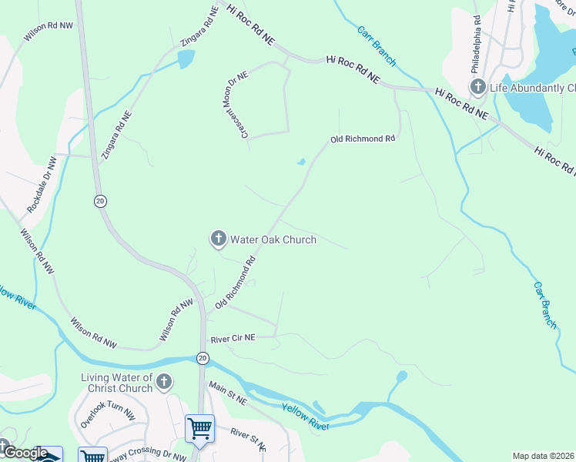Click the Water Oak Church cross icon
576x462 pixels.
point(218,239)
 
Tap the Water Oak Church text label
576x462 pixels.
point(273,239)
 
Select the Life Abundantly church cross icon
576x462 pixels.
point(477,86)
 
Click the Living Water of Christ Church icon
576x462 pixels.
point(163,382)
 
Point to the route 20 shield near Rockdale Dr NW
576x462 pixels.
point(100,201)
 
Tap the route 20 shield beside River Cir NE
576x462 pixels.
point(202,358)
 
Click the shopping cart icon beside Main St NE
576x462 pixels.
point(200,427)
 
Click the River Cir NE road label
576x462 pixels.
point(233,338)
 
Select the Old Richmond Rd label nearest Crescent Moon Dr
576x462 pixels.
point(362,139)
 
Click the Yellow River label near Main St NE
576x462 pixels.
point(306,417)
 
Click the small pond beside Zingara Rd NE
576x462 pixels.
point(186,59)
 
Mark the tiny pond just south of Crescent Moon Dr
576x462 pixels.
point(300,162)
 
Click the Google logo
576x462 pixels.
point(25,454)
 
